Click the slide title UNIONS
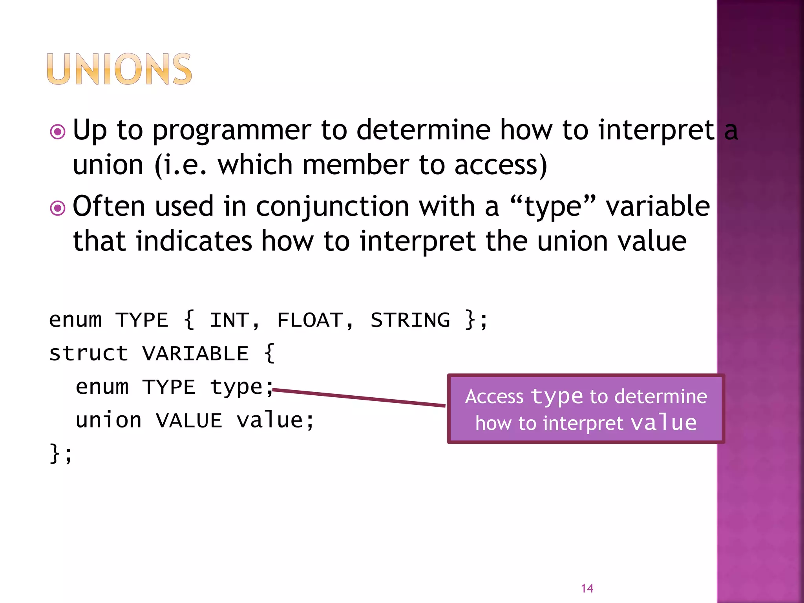pyautogui.click(x=119, y=69)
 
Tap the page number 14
pyautogui.click(x=587, y=588)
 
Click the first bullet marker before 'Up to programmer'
pyautogui.click(x=58, y=132)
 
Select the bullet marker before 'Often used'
pyautogui.click(x=58, y=208)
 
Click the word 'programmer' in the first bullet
pyautogui.click(x=232, y=131)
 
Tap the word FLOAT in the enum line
pyautogui.click(x=310, y=320)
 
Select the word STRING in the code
pyautogui.click(x=410, y=320)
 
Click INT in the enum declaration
pyautogui.click(x=229, y=320)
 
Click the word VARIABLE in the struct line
pyautogui.click(x=196, y=353)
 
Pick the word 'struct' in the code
pyautogui.click(x=89, y=353)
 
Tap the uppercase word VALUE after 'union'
pyautogui.click(x=189, y=420)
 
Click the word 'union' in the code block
pyautogui.click(x=108, y=420)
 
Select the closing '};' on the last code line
pyautogui.click(x=61, y=454)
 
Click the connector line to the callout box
pyautogui.click(x=359, y=397)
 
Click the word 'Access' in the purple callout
pyautogui.click(x=494, y=397)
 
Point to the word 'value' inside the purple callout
pyautogui.click(x=663, y=423)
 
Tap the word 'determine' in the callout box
pyautogui.click(x=661, y=397)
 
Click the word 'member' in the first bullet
pyautogui.click(x=356, y=165)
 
